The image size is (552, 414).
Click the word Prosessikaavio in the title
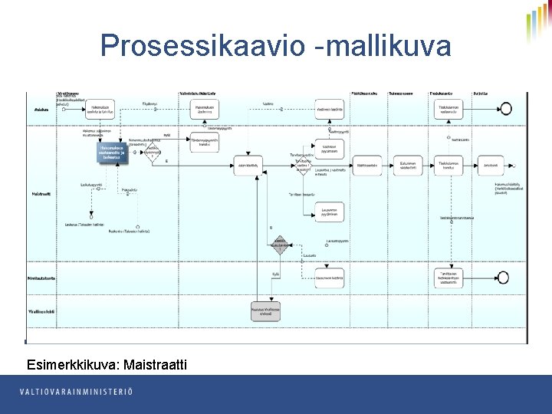(x=203, y=46)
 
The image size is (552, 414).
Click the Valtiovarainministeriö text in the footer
(x=77, y=392)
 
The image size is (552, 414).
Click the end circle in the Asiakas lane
(x=504, y=110)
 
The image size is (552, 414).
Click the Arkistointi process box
(x=491, y=165)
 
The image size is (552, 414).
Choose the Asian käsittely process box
(x=247, y=165)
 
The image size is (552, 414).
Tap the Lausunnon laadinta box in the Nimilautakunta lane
(x=329, y=278)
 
